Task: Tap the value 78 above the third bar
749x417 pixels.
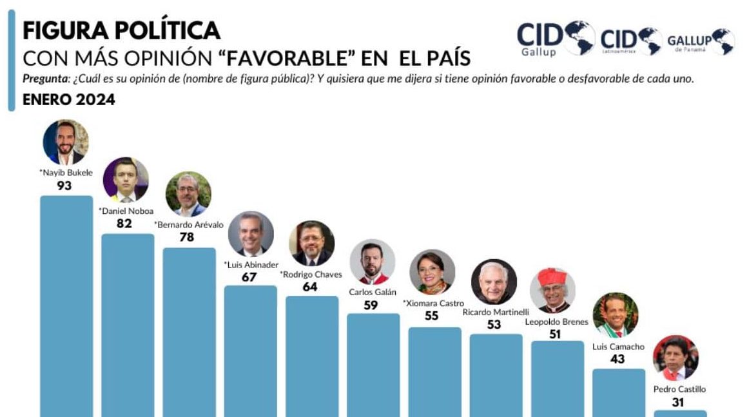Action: point(187,237)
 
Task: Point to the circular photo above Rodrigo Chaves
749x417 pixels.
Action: point(311,244)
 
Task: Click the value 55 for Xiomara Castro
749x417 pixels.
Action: point(431,316)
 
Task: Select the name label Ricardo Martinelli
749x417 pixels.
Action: point(494,312)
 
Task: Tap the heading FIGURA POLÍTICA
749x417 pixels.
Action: point(122,30)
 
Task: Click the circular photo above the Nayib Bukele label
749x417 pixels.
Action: point(66,142)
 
